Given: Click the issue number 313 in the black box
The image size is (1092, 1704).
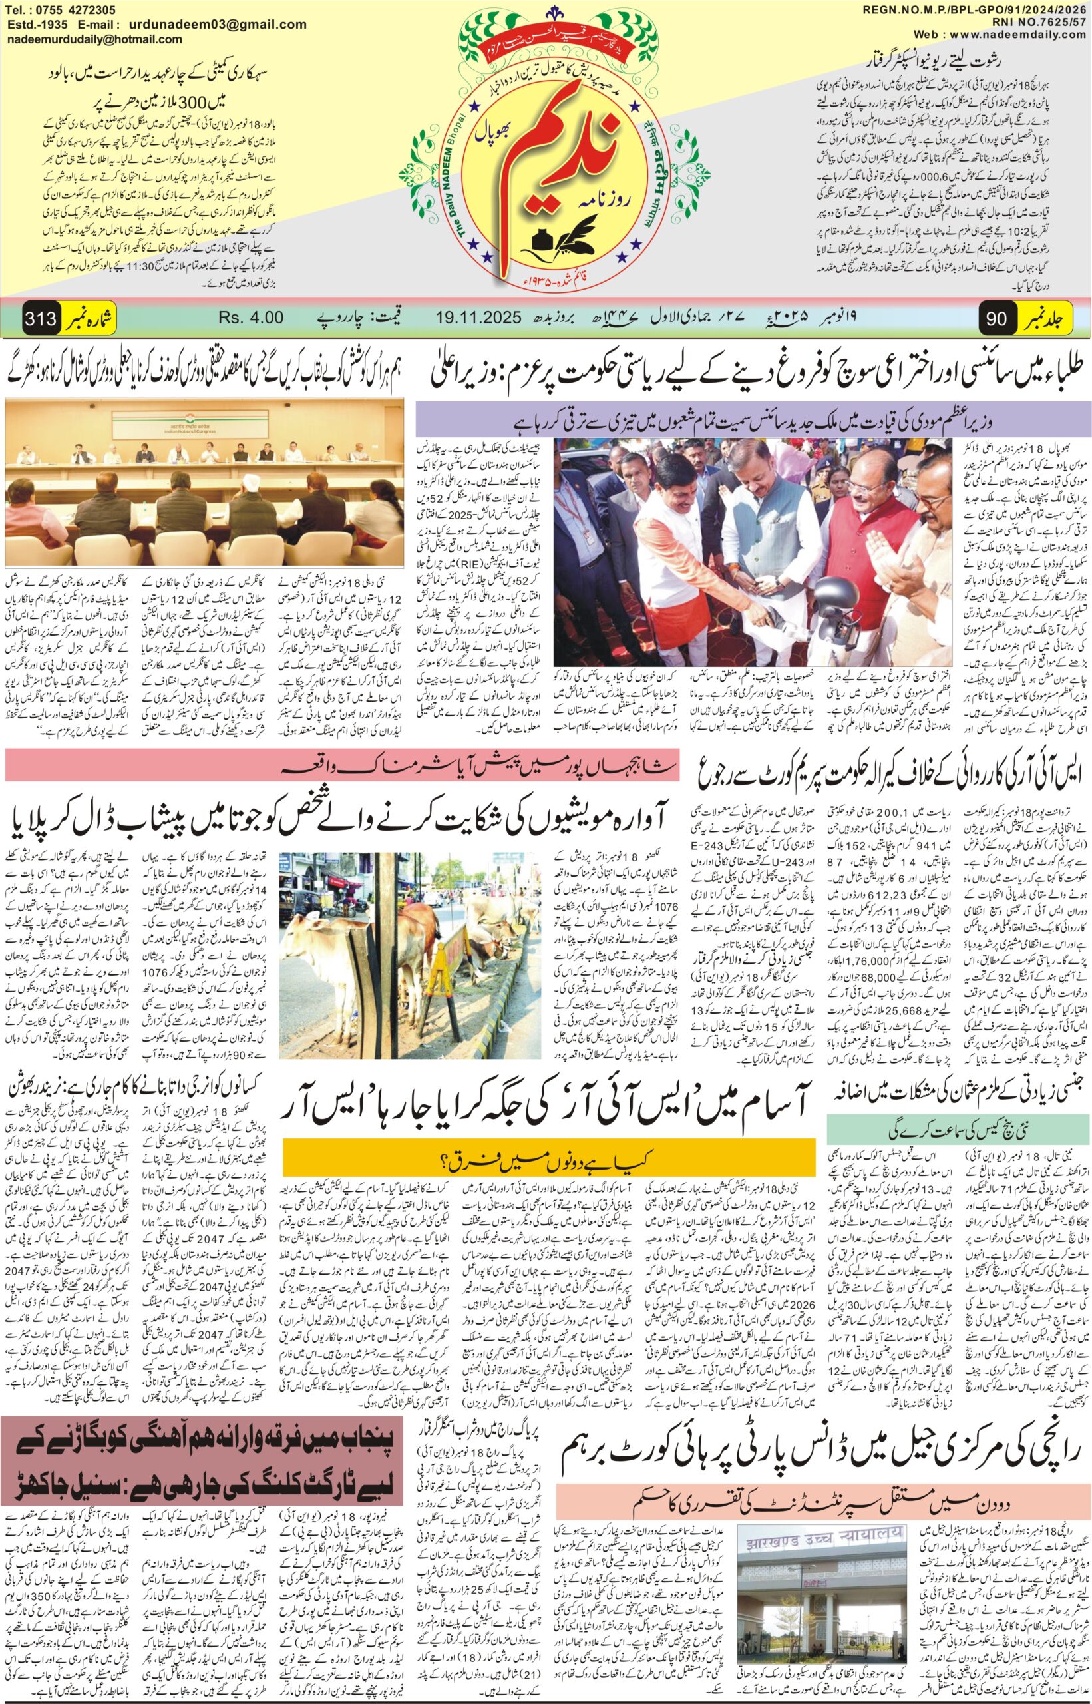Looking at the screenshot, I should [x=41, y=318].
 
